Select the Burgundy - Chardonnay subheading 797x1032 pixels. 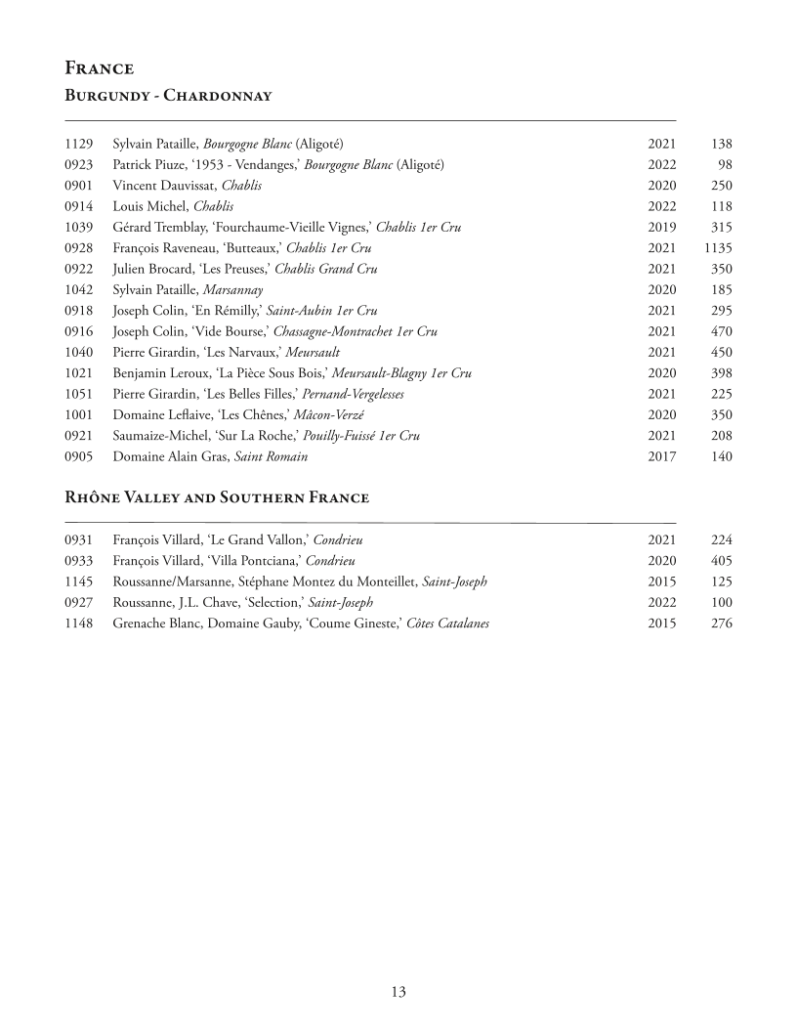point(167,95)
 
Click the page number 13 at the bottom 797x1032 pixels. point(398,992)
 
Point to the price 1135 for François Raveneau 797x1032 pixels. point(717,248)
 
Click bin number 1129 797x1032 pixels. point(78,144)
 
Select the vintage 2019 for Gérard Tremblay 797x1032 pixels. point(661,227)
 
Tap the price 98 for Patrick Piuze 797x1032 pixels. point(724,164)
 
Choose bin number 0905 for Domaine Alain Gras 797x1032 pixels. point(78,456)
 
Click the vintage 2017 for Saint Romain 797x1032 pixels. point(661,456)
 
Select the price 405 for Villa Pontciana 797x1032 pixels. point(722,561)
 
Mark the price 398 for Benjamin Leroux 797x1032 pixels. point(722,373)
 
